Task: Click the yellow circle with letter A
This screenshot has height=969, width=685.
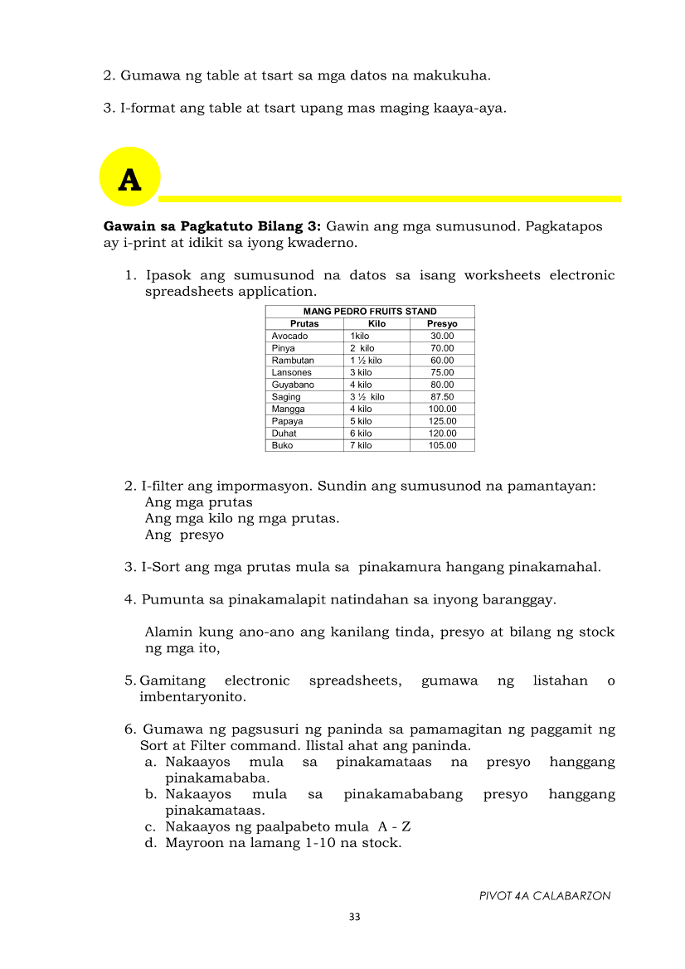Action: (x=129, y=177)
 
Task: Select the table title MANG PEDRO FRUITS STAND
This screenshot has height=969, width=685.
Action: (x=370, y=312)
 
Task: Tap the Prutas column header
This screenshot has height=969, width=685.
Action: (x=304, y=324)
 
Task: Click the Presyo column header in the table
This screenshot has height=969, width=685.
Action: (x=442, y=324)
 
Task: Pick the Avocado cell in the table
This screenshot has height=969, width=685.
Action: (x=289, y=336)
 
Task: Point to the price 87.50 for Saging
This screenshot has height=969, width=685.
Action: (x=442, y=397)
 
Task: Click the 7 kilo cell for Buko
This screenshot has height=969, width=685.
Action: (x=361, y=446)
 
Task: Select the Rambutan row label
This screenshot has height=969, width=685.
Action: (x=293, y=361)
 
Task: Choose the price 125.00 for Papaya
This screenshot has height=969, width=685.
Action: (x=442, y=421)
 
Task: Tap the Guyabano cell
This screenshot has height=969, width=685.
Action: (x=293, y=385)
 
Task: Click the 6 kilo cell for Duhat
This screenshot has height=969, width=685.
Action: (x=361, y=434)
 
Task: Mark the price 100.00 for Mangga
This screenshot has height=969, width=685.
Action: (x=442, y=409)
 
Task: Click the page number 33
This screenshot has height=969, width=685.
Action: (x=355, y=917)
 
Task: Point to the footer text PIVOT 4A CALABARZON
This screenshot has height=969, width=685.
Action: (x=545, y=896)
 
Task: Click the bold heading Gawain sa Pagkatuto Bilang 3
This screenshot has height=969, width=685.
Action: (x=212, y=226)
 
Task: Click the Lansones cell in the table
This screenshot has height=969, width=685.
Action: (x=291, y=373)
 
